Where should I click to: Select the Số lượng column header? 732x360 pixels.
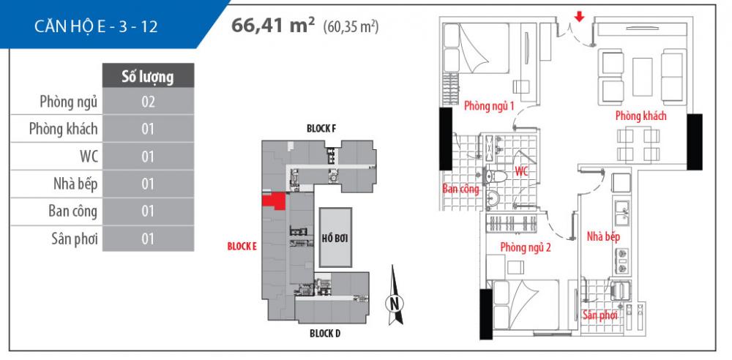coord(148,76)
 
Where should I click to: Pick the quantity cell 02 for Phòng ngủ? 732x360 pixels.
coord(148,102)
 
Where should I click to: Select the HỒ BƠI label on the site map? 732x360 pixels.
coord(335,237)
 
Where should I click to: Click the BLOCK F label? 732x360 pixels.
coord(321,129)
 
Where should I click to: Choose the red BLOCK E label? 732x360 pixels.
coord(242,247)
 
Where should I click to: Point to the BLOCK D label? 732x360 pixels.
coord(324,334)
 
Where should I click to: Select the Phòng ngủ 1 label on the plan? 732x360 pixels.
coord(490,106)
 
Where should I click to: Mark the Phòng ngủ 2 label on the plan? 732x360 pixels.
coord(526,247)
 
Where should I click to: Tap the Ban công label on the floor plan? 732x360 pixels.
coord(460,189)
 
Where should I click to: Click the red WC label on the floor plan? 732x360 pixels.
coord(521,171)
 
